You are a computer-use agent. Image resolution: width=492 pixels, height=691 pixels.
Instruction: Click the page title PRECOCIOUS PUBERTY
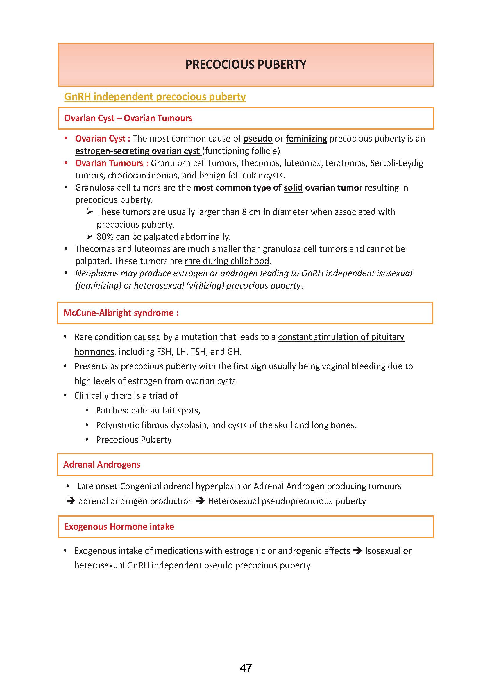[246, 65]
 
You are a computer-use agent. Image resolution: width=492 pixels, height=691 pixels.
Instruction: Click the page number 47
[246, 668]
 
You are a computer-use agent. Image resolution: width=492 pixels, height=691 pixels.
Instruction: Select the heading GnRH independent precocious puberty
[155, 97]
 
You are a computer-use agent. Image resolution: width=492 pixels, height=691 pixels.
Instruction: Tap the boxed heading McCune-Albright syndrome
[121, 313]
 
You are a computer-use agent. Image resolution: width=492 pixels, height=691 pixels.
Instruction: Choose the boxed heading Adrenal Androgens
[102, 464]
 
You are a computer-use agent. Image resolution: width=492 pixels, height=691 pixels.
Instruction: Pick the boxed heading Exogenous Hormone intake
[119, 527]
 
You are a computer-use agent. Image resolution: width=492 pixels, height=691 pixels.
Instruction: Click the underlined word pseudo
[258, 138]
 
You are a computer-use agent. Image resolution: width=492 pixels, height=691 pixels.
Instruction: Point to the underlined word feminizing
[306, 138]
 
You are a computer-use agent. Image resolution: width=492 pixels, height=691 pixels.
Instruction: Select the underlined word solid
[293, 187]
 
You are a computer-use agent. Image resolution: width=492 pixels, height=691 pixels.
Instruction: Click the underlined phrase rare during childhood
[227, 261]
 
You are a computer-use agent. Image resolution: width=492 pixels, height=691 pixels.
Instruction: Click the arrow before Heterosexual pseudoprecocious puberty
[200, 501]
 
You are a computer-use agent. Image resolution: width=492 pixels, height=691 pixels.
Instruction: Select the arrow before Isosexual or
[357, 551]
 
